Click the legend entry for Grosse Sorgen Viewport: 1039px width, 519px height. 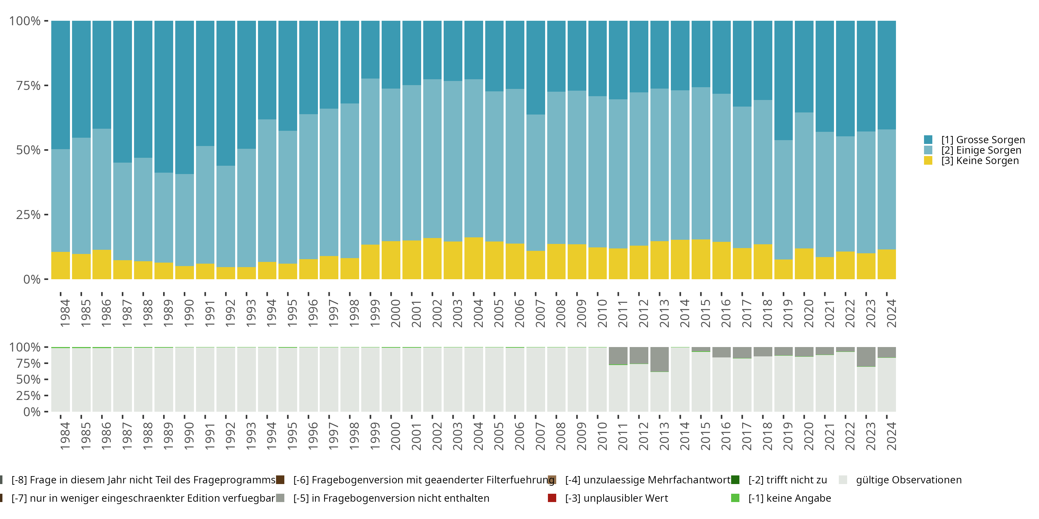(983, 140)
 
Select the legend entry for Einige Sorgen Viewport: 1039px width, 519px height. (981, 150)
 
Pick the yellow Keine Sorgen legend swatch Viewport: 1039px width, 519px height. (928, 161)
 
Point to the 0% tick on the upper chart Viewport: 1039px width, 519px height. (32, 279)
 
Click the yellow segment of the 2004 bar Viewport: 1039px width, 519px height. (473, 258)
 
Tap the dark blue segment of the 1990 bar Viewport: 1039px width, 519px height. (185, 97)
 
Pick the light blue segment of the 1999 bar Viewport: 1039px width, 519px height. (370, 161)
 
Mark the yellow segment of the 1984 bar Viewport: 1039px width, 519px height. (61, 265)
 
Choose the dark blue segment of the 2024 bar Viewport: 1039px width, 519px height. (887, 74)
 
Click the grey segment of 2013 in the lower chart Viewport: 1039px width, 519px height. (659, 359)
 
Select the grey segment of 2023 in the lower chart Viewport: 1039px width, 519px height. (866, 357)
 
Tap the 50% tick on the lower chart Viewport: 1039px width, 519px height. (28, 379)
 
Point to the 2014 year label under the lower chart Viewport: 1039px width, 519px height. (685, 436)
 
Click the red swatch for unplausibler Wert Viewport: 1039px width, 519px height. (552, 498)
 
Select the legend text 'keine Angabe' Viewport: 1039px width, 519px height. (789, 498)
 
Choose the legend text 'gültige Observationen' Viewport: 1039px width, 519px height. (908, 480)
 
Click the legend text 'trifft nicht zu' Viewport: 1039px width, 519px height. (787, 480)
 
